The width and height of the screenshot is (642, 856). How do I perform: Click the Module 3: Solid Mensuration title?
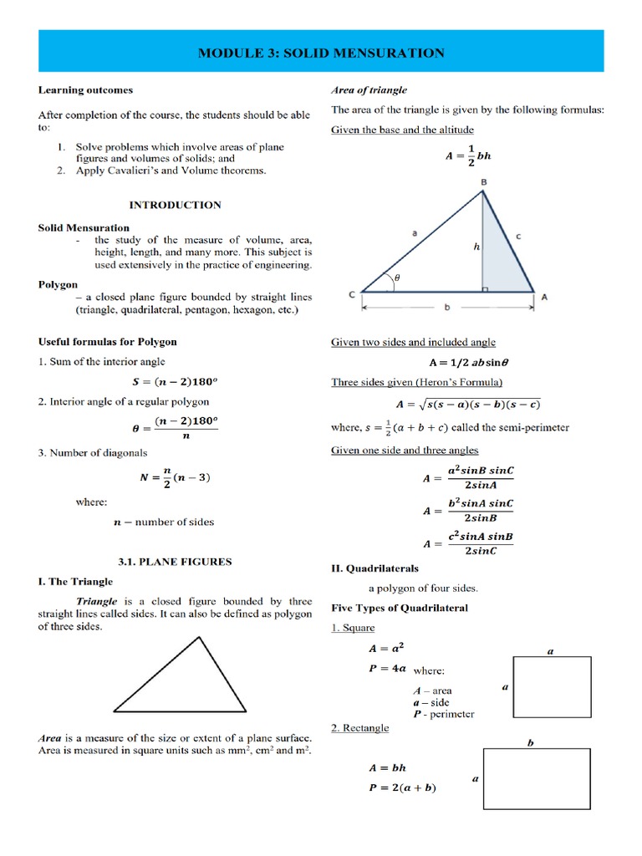pos(321,53)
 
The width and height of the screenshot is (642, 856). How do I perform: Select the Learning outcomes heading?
pos(85,90)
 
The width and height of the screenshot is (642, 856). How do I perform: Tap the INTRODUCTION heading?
pos(175,205)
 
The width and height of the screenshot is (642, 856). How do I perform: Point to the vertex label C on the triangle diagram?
pos(351,295)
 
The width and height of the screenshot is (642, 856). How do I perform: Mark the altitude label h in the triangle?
pos(476,247)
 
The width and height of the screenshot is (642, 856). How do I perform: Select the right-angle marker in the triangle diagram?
pos(487,288)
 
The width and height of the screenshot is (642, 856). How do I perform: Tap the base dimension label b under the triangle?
pos(447,308)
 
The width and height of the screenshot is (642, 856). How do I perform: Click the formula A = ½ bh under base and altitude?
pos(468,155)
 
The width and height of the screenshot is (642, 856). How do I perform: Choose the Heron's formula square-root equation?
pos(468,405)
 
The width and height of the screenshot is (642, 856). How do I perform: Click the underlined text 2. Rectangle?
pos(360,728)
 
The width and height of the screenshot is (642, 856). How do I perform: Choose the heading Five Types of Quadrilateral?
pos(400,608)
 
